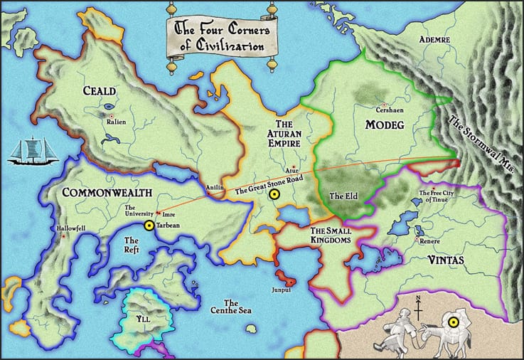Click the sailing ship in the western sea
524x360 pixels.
[29, 150]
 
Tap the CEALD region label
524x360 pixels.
[101, 92]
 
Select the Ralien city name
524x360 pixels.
[116, 122]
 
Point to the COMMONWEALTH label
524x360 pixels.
[107, 193]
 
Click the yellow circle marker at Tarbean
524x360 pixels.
[149, 226]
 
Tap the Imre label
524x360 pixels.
[169, 213]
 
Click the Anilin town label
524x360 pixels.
[215, 188]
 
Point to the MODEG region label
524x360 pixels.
[384, 125]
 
